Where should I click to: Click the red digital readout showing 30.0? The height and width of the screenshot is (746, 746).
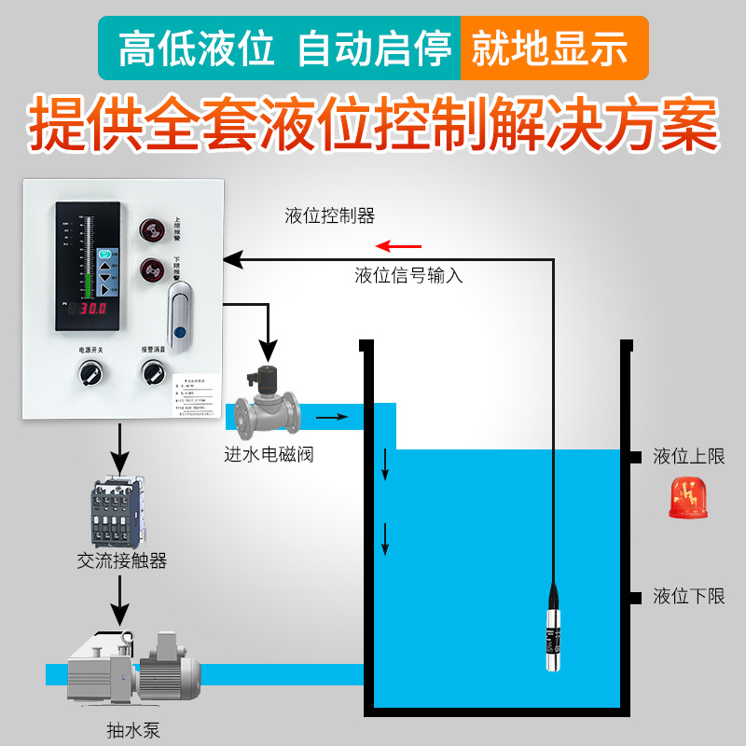(x=92, y=308)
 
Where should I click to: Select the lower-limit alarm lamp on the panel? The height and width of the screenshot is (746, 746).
(x=151, y=270)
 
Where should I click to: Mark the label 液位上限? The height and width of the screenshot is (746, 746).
(x=689, y=457)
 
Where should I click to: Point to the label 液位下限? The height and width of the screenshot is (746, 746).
(x=689, y=597)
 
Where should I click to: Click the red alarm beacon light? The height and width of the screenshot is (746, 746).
(x=688, y=499)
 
